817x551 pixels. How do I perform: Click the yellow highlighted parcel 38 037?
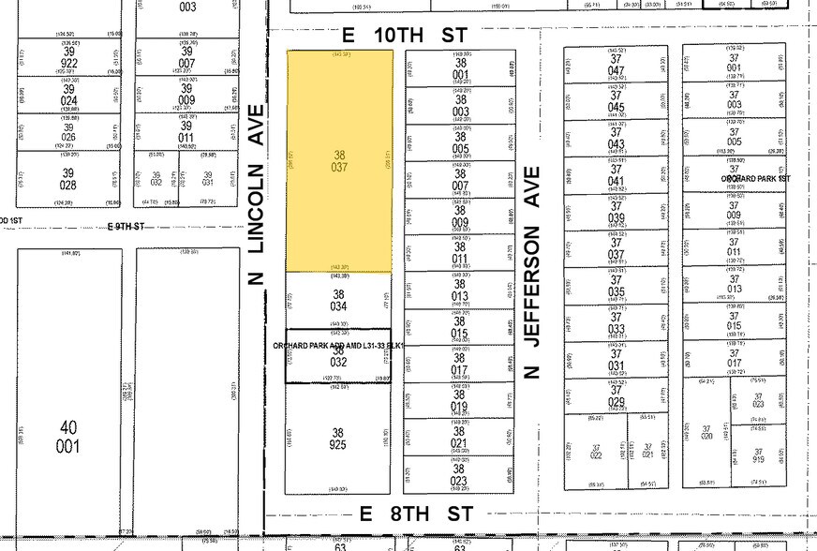(x=339, y=161)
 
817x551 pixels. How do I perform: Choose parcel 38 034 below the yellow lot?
(x=339, y=300)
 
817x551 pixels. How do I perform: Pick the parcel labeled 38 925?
(x=339, y=440)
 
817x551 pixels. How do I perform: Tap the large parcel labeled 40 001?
(x=68, y=436)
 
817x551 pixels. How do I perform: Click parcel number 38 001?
(x=460, y=68)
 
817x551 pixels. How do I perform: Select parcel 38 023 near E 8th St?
(x=460, y=477)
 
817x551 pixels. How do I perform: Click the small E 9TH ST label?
(x=126, y=227)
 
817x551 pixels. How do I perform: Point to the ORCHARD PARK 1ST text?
(x=756, y=178)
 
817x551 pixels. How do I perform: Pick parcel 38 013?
(x=460, y=290)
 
